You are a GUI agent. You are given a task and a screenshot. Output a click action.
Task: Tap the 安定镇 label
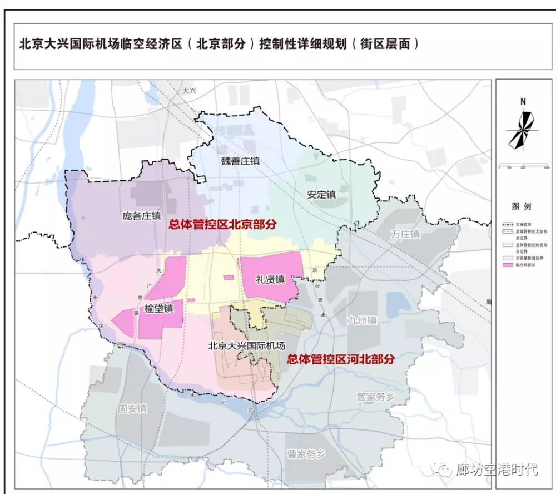point(321,195)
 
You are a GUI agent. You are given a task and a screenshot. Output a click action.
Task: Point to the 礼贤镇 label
point(270,279)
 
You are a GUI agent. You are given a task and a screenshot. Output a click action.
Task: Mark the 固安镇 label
point(132,408)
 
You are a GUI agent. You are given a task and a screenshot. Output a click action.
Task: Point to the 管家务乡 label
point(375,396)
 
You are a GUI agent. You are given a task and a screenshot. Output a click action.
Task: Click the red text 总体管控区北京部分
point(222,224)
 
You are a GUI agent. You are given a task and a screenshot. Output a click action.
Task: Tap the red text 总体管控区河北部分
point(340,359)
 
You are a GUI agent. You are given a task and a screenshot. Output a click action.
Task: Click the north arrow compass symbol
point(523,130)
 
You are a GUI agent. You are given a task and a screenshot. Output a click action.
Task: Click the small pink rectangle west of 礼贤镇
point(229,277)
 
